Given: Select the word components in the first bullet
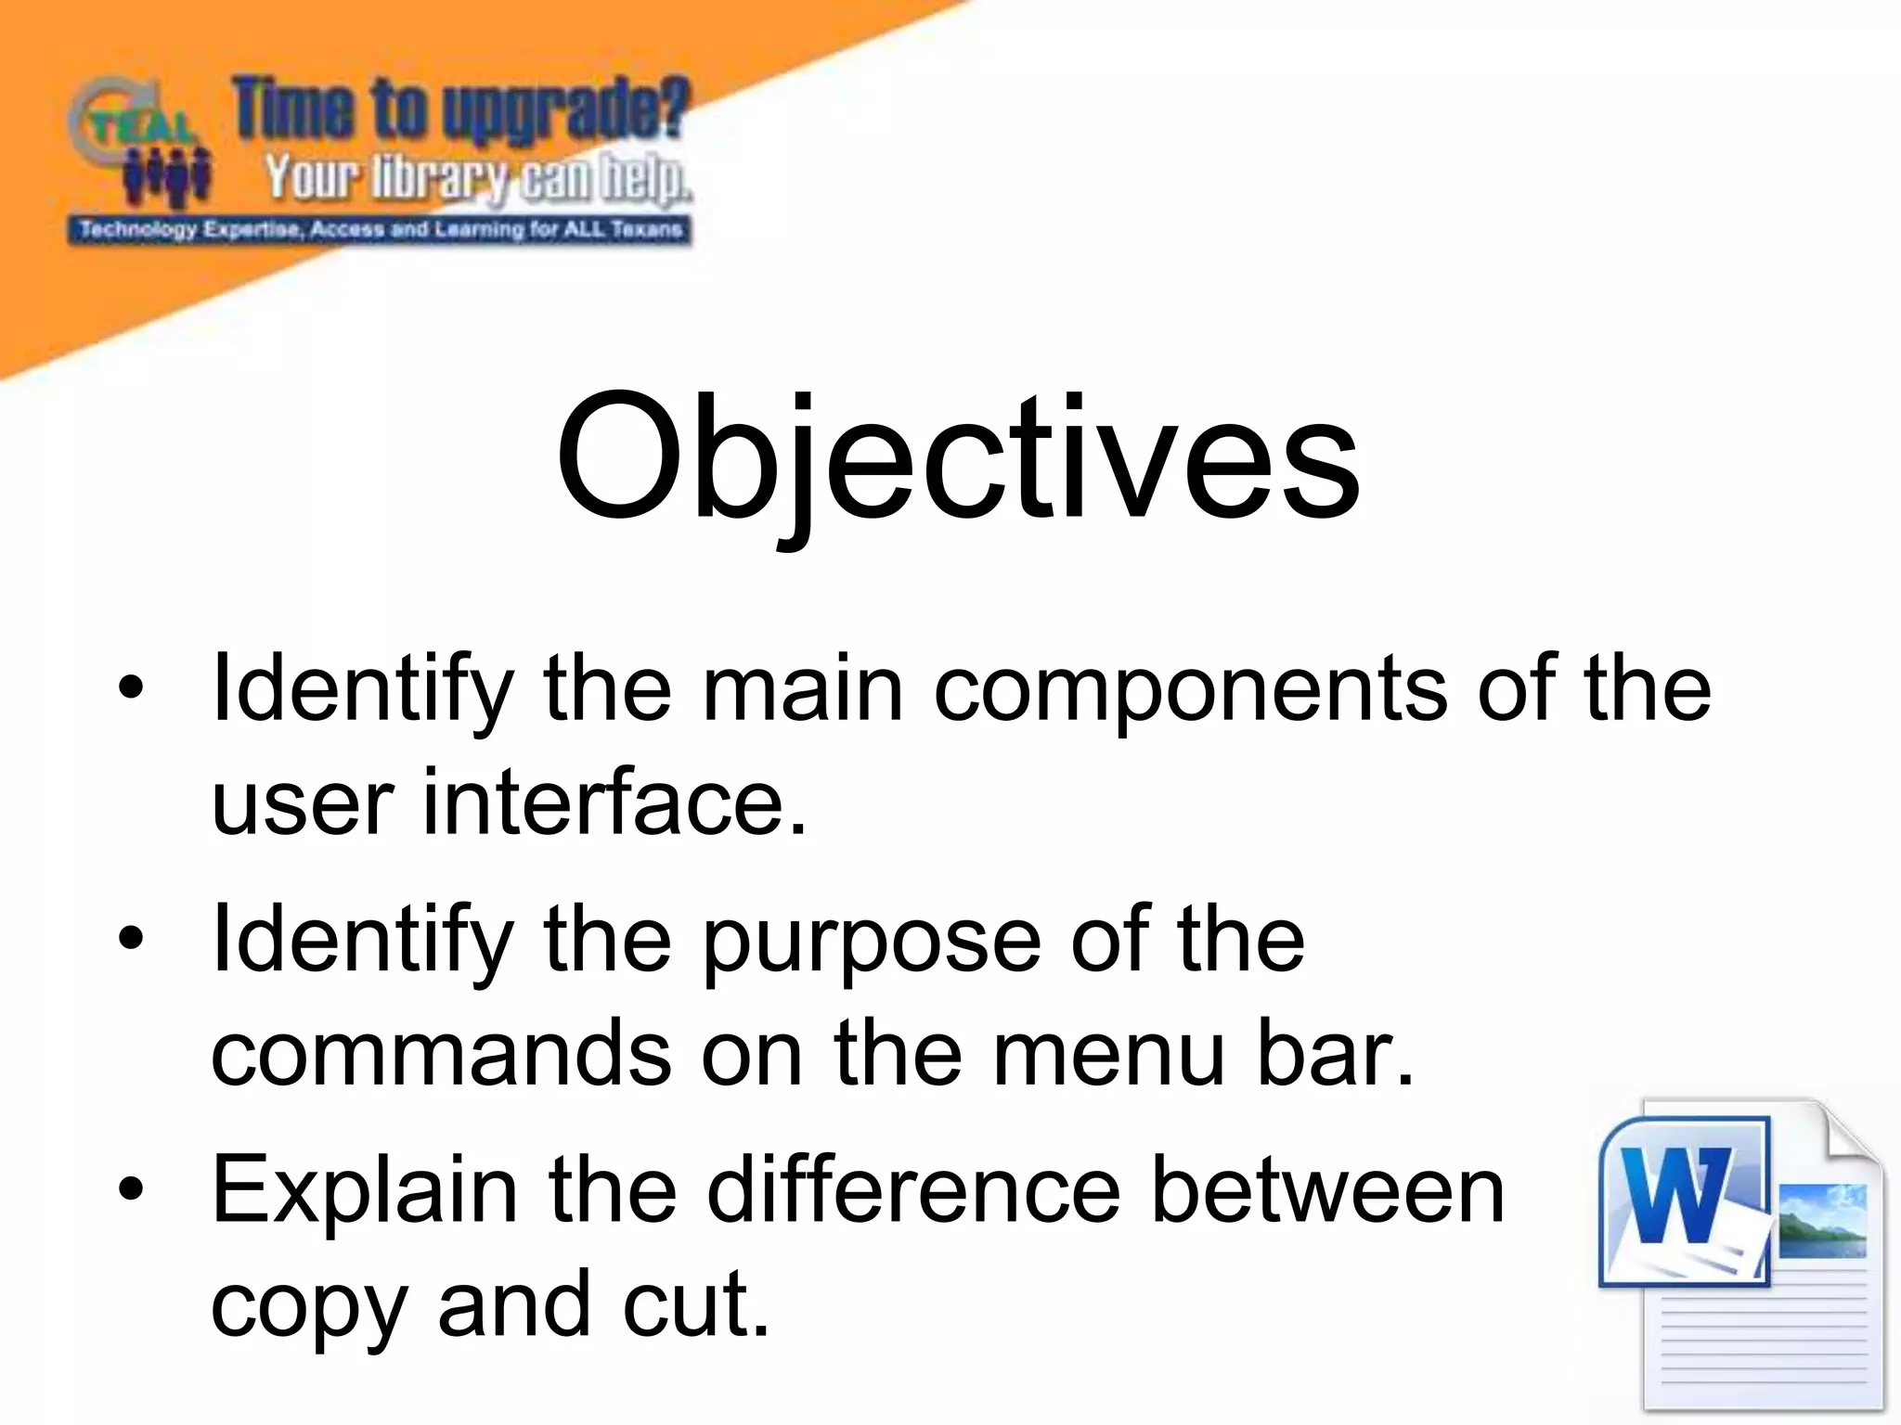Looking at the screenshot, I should pyautogui.click(x=1189, y=691).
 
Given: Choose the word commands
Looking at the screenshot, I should pyautogui.click(x=441, y=1054).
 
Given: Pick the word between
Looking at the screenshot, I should pyautogui.click(x=1326, y=1191).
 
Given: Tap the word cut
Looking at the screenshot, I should pyautogui.click(x=696, y=1304).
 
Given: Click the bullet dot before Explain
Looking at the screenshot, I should pyautogui.click(x=132, y=1189).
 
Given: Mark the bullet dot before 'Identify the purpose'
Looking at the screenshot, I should pyautogui.click(x=132, y=939).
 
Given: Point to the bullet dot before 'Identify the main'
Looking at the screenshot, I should pyautogui.click(x=132, y=688).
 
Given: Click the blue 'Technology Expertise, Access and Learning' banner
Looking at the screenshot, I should pyautogui.click(x=380, y=229).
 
